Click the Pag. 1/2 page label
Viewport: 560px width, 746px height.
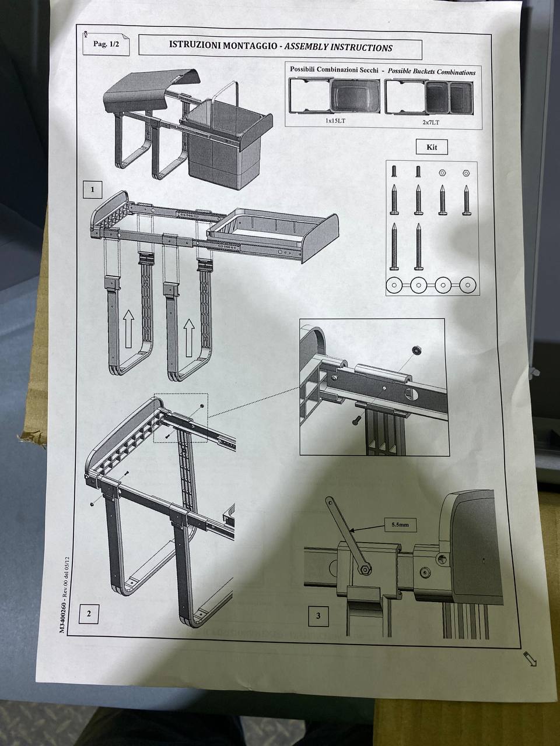(x=106, y=44)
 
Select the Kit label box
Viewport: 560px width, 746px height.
(x=432, y=147)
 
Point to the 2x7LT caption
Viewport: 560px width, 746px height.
(x=430, y=122)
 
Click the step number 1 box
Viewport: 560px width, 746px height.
(x=93, y=189)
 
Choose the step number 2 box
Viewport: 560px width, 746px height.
(x=89, y=614)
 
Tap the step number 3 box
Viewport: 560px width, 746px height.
(x=318, y=616)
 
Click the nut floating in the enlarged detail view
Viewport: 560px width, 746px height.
(x=415, y=350)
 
